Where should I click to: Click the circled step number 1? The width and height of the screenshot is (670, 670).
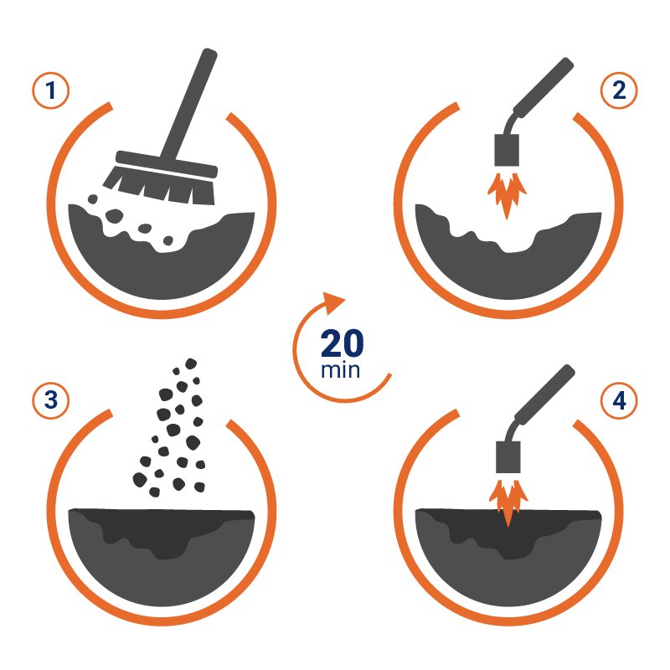tap(51, 90)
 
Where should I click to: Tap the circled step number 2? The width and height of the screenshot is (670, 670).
tap(619, 90)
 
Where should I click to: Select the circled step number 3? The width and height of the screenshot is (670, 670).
tap(51, 400)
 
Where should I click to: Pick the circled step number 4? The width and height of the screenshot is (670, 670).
tap(619, 400)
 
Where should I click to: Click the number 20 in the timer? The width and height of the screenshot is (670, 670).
tap(343, 343)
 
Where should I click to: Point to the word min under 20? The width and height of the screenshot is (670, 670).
tap(341, 370)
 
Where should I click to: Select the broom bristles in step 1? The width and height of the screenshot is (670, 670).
tap(159, 184)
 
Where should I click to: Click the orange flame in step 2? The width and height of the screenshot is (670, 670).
tap(508, 194)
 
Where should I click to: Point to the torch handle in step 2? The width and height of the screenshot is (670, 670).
tap(543, 88)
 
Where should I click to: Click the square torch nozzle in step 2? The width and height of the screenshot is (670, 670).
tap(507, 150)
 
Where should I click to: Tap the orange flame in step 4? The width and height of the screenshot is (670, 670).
tap(508, 502)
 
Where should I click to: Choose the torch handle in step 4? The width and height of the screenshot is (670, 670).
tap(544, 395)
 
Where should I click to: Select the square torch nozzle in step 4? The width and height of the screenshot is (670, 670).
tap(508, 457)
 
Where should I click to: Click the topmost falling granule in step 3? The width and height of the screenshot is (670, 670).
tap(191, 363)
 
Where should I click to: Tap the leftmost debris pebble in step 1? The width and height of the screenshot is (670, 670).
tap(93, 198)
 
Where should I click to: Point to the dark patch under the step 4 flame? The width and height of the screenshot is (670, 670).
tap(508, 533)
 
